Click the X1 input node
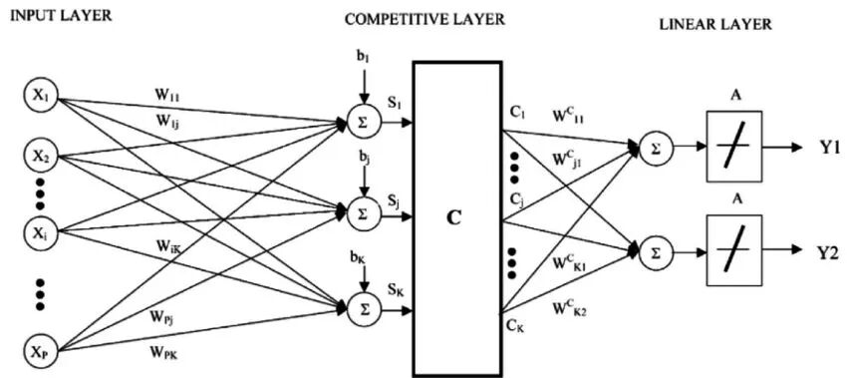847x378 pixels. (41, 99)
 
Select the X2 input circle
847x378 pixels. (41, 157)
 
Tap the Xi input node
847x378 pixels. (41, 231)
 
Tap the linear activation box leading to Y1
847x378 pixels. (734, 146)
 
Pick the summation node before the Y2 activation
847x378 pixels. (656, 251)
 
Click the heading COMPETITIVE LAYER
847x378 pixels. (424, 20)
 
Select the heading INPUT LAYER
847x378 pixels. (61, 15)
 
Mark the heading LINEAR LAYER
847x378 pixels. (715, 24)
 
